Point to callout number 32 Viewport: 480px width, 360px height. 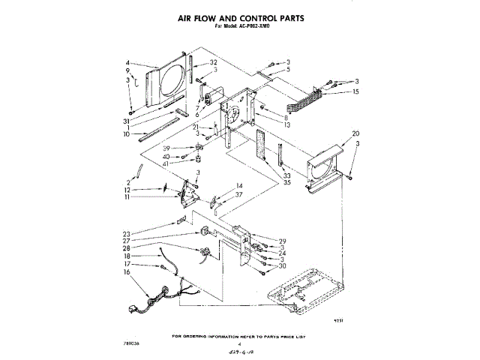(214, 62)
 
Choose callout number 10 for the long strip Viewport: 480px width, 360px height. (128, 134)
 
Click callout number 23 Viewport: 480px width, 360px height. (127, 233)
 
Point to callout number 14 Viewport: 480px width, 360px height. (239, 185)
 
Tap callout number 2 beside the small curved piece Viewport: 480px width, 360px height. (128, 182)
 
